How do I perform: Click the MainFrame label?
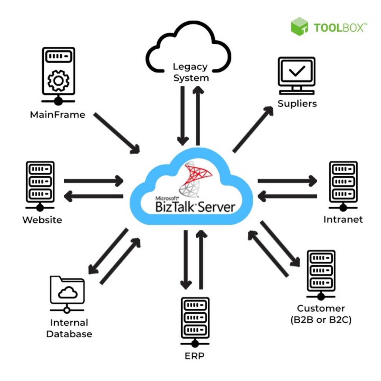click(x=58, y=114)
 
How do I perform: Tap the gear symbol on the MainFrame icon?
click(x=58, y=81)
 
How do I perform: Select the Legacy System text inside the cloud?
click(x=191, y=72)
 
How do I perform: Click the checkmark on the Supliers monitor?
click(x=297, y=71)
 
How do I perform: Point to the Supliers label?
click(x=297, y=103)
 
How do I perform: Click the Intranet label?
click(x=343, y=219)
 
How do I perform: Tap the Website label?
click(x=42, y=220)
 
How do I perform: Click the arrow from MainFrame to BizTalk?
click(x=117, y=133)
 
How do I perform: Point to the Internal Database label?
click(x=69, y=328)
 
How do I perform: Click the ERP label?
click(x=195, y=356)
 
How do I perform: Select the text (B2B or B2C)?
click(x=321, y=320)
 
